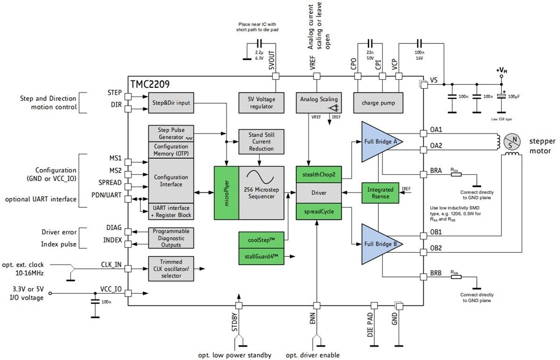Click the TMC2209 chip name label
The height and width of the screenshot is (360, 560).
coord(150,85)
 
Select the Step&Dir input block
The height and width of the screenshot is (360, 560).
coord(171,103)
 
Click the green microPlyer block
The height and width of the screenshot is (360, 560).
coord(226,192)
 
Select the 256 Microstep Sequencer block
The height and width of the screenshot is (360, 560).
coord(261,192)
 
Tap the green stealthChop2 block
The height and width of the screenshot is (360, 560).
coord(318,175)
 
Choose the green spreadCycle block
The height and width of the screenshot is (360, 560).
coord(318,211)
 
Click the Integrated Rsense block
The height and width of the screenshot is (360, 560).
coord(380,193)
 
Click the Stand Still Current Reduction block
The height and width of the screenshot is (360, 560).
coord(261,141)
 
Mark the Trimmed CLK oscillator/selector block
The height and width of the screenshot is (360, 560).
coord(171,269)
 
